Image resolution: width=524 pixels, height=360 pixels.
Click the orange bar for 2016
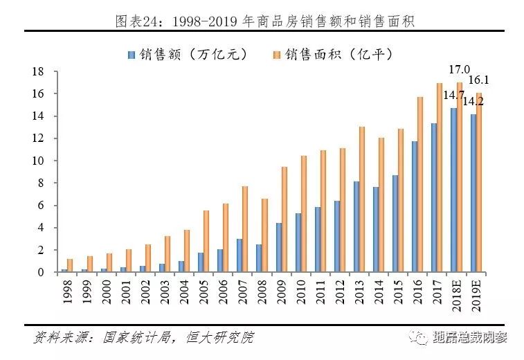pyautogui.click(x=419, y=184)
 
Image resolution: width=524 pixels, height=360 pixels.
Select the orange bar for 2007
pyautogui.click(x=244, y=228)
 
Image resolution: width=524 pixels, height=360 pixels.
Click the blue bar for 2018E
pyautogui.click(x=453, y=190)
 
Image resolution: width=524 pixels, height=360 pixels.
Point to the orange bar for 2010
pyautogui.click(x=302, y=213)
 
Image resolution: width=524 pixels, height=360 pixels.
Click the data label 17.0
pyautogui.click(x=460, y=70)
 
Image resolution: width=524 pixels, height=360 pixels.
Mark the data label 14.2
pyautogui.click(x=473, y=102)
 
